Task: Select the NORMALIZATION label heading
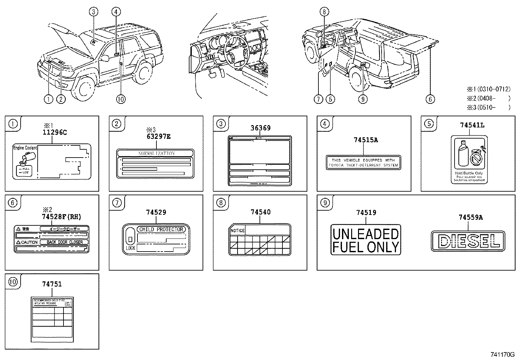tap(156, 153)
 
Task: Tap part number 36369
tap(260, 128)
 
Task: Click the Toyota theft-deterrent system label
tap(363, 163)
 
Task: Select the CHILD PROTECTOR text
tap(161, 229)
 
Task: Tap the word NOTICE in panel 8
tap(237, 231)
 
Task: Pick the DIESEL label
tap(468, 241)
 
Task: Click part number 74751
tap(52, 284)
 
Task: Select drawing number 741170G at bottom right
tap(502, 354)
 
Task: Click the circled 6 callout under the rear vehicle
tap(430, 99)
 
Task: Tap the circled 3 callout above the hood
tap(93, 12)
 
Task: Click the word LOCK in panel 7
tap(130, 248)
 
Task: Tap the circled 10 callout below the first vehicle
tap(121, 99)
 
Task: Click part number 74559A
tap(471, 217)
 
